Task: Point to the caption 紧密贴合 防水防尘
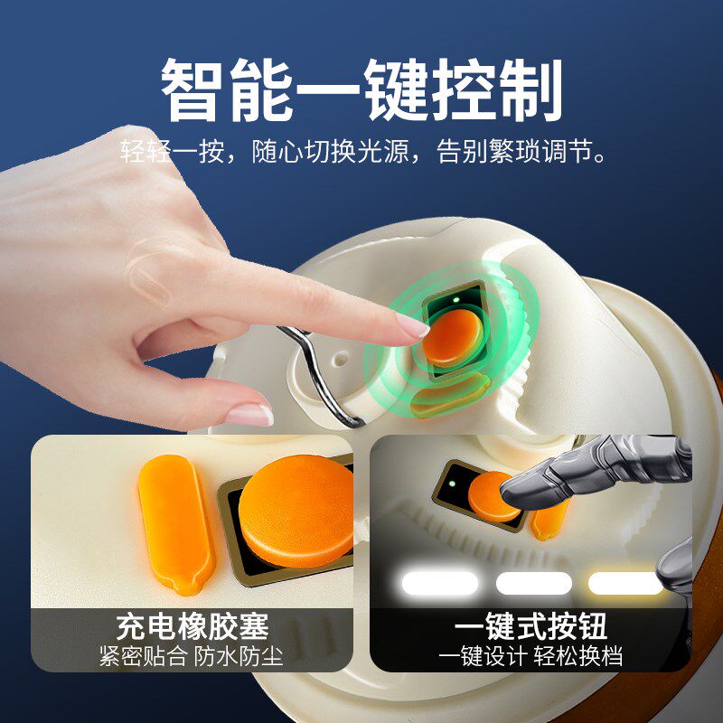[192, 655]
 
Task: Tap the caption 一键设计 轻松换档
[531, 655]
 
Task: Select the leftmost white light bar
[439, 583]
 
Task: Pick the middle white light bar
[534, 583]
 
